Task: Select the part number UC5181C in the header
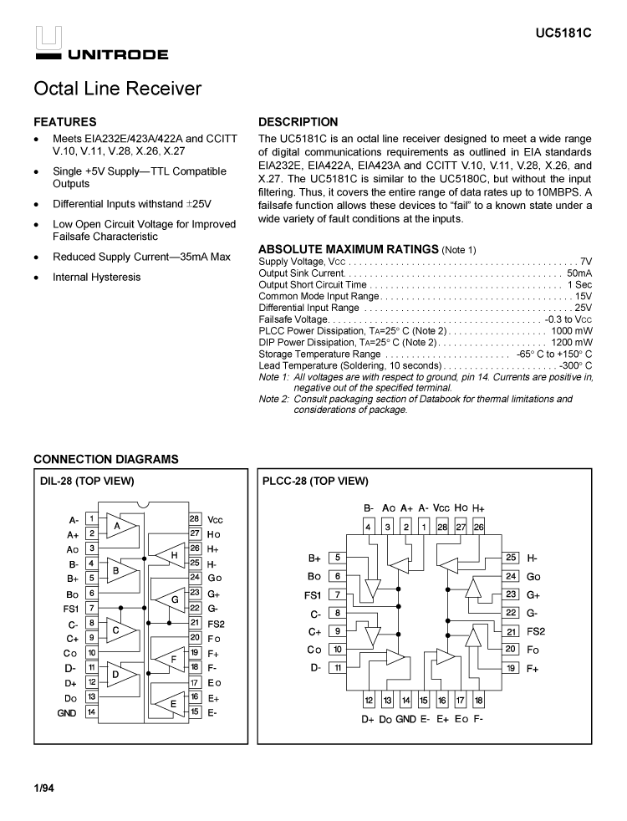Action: (563, 35)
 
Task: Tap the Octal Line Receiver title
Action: (118, 89)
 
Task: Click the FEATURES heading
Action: (64, 122)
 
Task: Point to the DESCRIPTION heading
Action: (298, 122)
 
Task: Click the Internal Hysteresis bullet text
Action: (96, 278)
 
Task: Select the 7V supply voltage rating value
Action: (586, 262)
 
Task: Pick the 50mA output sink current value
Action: (579, 273)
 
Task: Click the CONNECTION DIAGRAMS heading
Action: (106, 459)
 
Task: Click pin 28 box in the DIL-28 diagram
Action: (194, 519)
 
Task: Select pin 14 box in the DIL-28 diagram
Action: (90, 712)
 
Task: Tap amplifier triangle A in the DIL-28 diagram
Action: (119, 527)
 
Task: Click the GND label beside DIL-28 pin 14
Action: (67, 713)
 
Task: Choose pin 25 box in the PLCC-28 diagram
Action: (512, 558)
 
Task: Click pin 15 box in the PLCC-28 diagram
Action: (424, 701)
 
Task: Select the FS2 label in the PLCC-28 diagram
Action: (536, 631)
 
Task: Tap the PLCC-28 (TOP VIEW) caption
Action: (315, 481)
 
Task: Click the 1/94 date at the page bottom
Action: (43, 788)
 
